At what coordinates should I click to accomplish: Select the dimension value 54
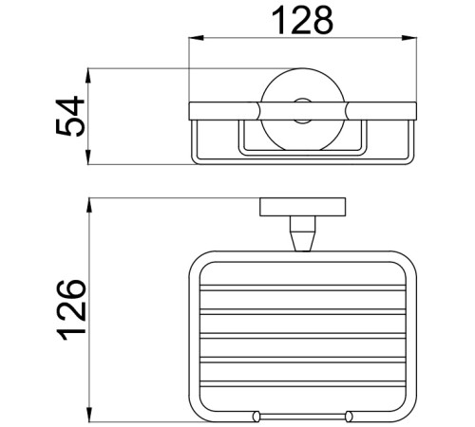point(72,116)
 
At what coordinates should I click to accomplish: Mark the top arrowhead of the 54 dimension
point(91,73)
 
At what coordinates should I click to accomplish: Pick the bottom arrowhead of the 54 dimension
point(91,158)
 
